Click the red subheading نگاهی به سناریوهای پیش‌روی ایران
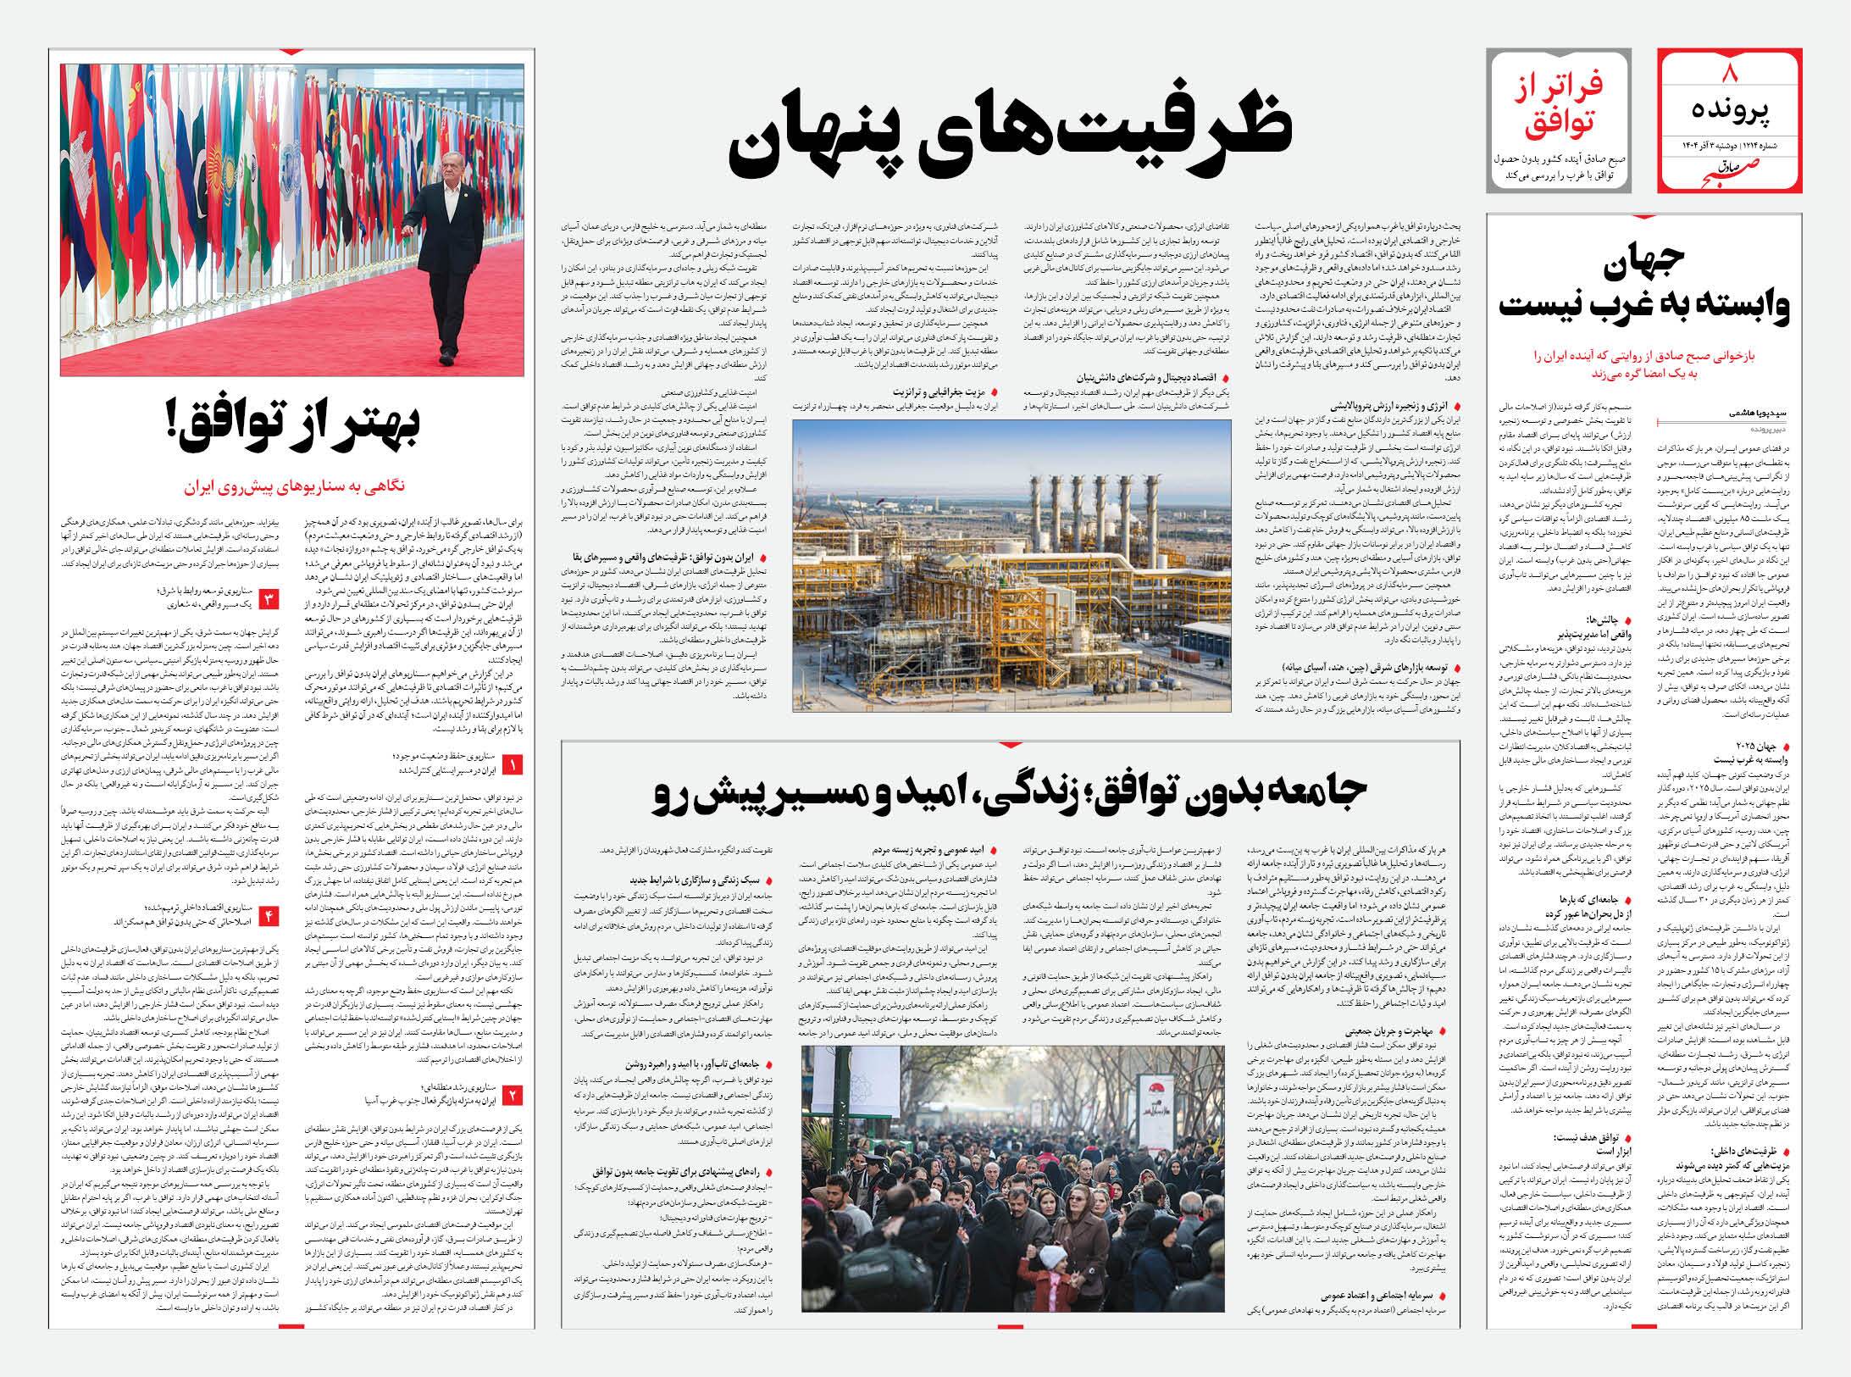[x=293, y=487]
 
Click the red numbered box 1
[x=513, y=766]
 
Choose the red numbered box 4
[x=270, y=914]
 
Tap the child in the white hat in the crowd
[x=1054, y=1258]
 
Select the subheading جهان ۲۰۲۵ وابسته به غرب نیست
[x=1765, y=753]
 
